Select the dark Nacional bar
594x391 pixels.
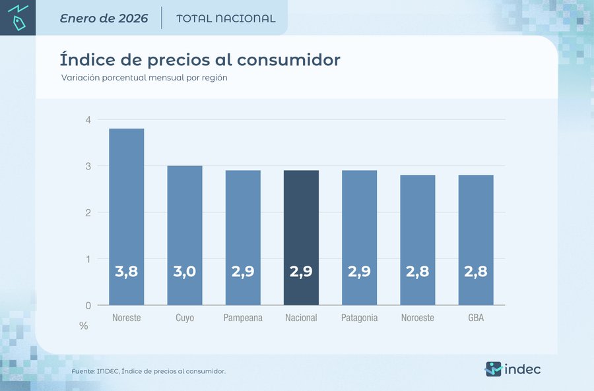301,237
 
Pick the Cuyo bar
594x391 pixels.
185,235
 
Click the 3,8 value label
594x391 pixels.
126,271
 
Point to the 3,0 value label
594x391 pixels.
185,271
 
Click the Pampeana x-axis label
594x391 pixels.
243,318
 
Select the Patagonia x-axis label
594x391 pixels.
359,318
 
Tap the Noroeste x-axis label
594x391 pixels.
417,318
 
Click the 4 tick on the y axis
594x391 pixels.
87,119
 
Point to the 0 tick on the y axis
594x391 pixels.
87,305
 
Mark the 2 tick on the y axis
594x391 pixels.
87,212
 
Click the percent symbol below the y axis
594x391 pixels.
84,326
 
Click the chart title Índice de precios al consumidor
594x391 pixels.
200,59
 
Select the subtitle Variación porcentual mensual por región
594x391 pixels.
144,78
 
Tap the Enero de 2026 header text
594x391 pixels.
104,18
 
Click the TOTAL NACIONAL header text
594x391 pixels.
226,18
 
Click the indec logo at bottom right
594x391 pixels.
513,369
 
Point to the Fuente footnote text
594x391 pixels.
148,371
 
